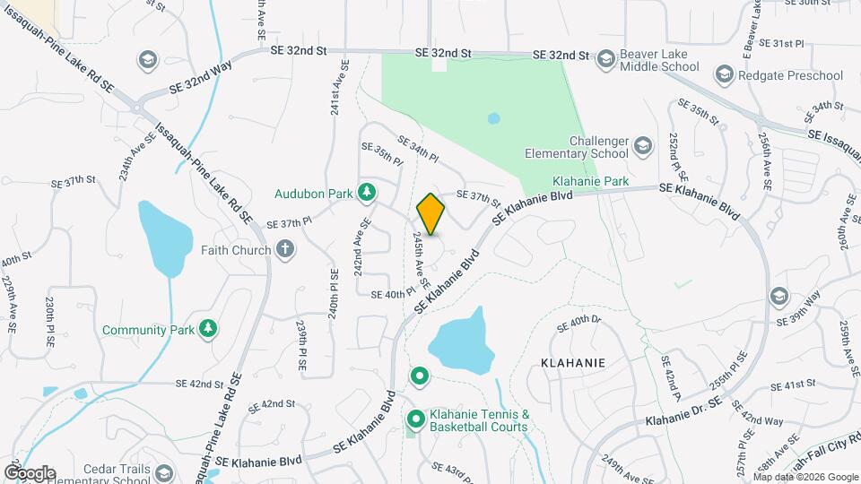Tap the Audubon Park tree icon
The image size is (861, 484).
[366, 192]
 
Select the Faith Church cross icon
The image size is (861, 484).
[285, 249]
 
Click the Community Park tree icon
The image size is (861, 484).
[208, 330]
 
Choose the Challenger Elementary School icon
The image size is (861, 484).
[642, 145]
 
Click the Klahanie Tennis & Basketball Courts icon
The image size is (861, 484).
[416, 419]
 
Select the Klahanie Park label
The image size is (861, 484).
[590, 180]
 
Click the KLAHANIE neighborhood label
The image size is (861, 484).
[572, 363]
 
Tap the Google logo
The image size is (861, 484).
[29, 472]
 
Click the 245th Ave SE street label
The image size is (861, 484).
[419, 260]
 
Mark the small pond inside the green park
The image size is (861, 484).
[492, 118]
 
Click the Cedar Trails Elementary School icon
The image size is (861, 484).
[163, 472]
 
